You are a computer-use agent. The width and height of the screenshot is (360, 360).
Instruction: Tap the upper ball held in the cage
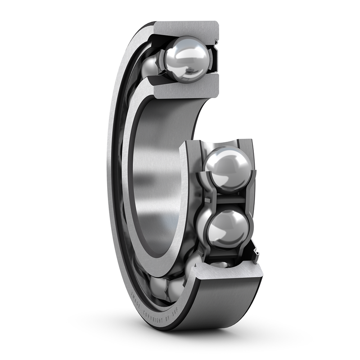(227, 168)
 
